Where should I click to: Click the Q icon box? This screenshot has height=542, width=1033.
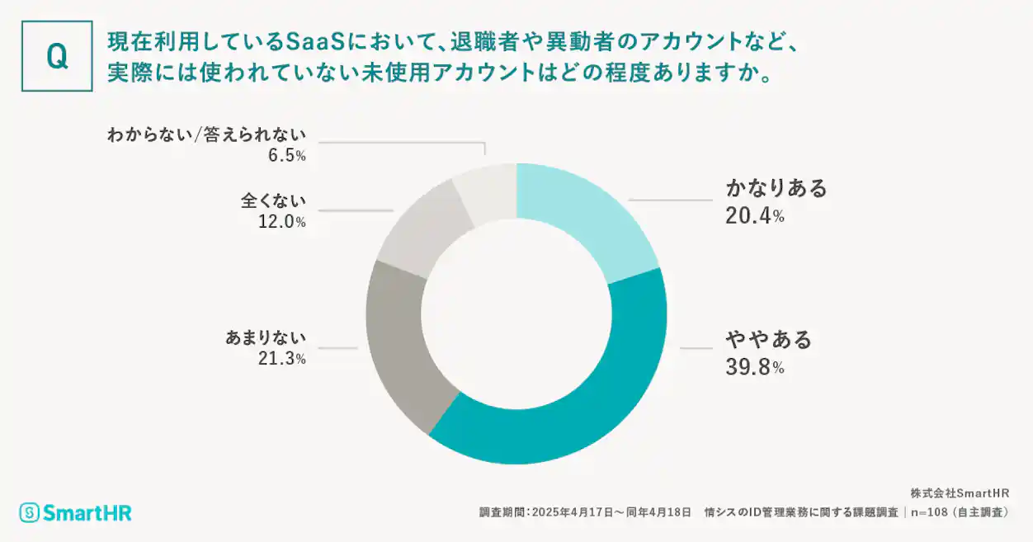point(56,56)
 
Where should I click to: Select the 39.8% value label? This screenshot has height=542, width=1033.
point(754,367)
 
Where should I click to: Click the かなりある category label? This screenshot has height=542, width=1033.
point(776,189)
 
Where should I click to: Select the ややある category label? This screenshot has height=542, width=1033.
point(768,339)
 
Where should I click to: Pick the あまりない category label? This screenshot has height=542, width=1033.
point(265,337)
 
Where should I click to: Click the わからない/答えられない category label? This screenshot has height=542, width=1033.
point(206,134)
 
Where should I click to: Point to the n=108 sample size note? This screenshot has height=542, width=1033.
point(932,512)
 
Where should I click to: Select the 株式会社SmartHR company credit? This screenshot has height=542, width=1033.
point(960,493)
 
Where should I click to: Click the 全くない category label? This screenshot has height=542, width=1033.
point(273,200)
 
